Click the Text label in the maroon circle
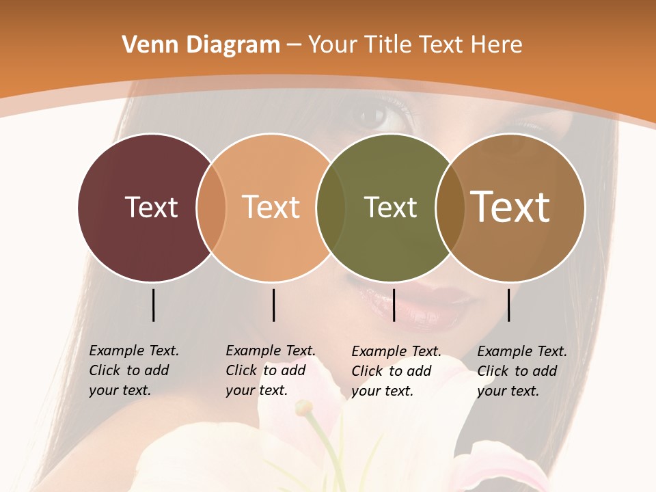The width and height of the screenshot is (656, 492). [x=151, y=207]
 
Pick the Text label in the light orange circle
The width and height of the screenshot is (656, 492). [x=271, y=207]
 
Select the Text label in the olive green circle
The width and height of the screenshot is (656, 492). [x=390, y=207]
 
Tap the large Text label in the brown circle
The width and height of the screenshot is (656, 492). [x=510, y=207]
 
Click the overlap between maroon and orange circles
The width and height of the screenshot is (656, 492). [x=211, y=207]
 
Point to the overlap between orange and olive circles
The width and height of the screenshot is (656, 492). [x=331, y=207]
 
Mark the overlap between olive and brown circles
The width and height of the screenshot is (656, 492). [x=450, y=207]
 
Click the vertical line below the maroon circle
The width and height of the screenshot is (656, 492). [x=154, y=305]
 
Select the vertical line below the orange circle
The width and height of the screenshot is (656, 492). [x=273, y=305]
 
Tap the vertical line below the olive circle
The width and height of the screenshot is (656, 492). [x=394, y=305]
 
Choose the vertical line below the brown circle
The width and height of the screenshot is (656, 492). [x=509, y=305]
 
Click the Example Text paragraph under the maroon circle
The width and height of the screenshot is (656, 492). [x=133, y=370]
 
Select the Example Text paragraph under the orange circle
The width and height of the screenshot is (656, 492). [x=270, y=370]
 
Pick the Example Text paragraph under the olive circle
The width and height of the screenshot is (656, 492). [x=396, y=371]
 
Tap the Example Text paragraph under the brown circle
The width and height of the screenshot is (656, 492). [x=521, y=371]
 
